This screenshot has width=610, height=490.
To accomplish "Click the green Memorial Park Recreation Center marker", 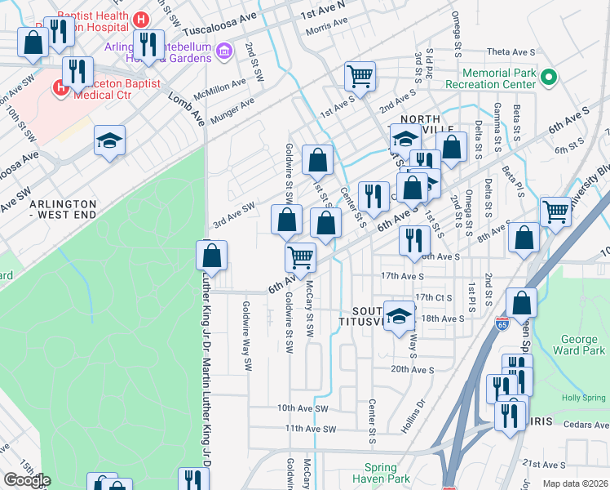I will [549, 79].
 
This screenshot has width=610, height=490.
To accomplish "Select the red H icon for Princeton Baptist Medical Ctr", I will [60, 87].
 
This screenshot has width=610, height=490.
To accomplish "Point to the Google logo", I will [26, 480].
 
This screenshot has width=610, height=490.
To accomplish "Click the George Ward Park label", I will [584, 344].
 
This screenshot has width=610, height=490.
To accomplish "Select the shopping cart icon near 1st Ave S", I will [360, 77].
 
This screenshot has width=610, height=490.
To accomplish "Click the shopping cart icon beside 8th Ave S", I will [555, 211].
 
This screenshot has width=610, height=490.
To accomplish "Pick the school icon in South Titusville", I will [399, 316].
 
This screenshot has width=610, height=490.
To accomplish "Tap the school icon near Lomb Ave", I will [109, 140].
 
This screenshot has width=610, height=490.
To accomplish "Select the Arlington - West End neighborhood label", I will [63, 209].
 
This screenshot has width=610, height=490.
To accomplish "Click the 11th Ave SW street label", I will [311, 428].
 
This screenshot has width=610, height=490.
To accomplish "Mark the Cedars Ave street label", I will [585, 425].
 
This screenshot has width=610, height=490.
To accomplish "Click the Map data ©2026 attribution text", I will [574, 483].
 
